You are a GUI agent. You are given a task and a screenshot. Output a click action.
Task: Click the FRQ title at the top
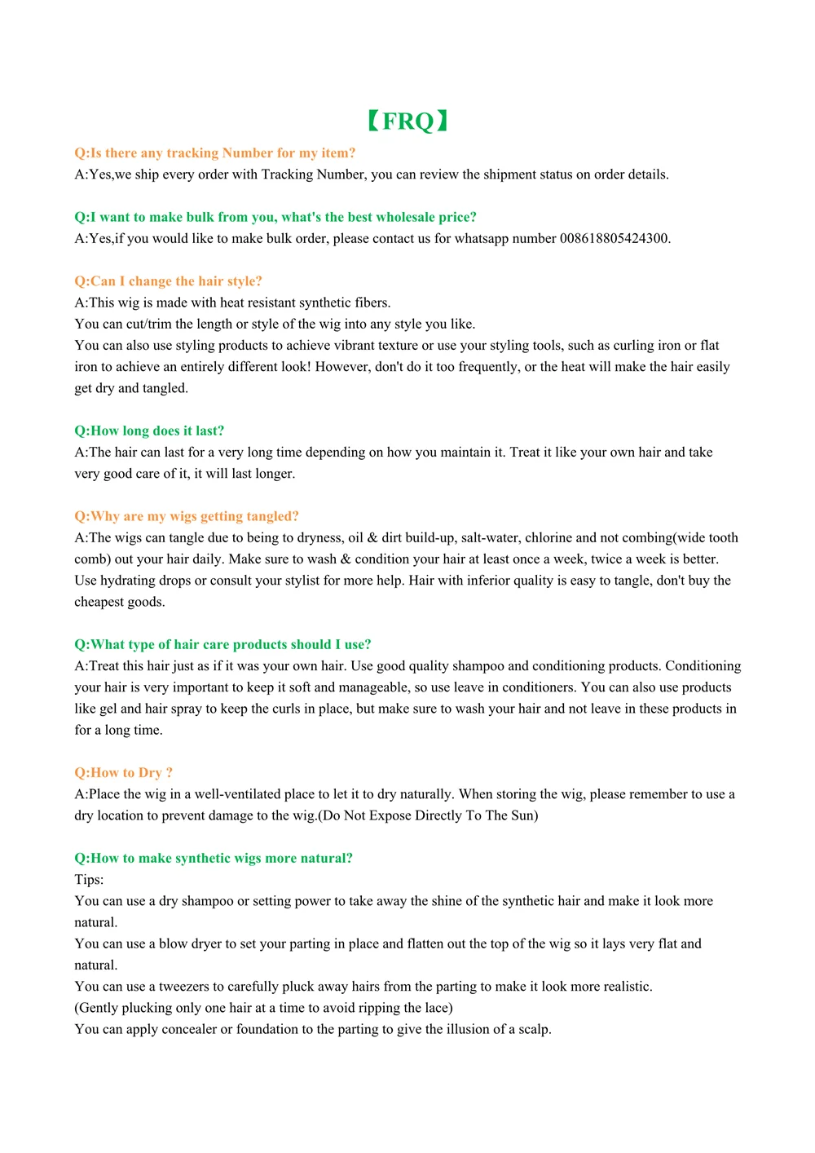point(407,121)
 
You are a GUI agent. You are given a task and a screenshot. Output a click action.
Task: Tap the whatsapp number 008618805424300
point(614,239)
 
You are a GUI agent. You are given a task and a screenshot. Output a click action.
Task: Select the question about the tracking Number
point(215,153)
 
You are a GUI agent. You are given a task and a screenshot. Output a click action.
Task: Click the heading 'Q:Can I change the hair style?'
point(169,281)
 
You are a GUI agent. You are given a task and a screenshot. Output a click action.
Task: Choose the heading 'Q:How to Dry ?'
point(124,772)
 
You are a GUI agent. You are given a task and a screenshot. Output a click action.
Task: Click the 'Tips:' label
point(90,880)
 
